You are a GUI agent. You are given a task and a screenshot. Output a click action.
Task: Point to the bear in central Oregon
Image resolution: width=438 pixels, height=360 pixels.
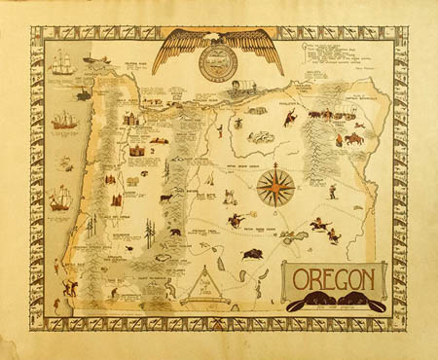pos(175,234)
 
